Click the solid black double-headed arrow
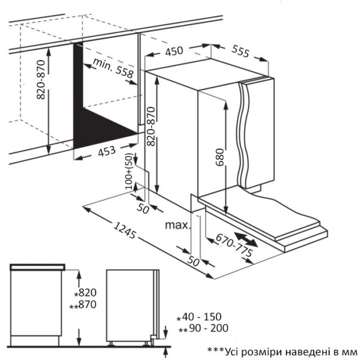pyautogui.click(x=248, y=239)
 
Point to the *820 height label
pyautogui.click(x=85, y=293)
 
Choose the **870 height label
pyautogui.click(x=83, y=305)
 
